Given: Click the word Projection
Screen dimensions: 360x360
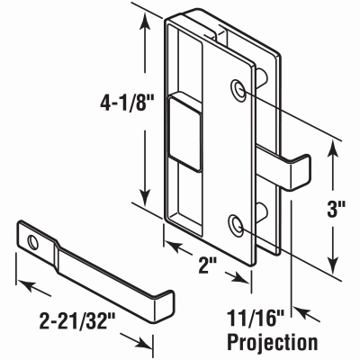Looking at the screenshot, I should point(272,342).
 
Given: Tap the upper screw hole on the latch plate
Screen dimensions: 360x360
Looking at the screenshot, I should point(238,88).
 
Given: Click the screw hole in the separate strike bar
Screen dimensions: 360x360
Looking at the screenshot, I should point(33,242).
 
